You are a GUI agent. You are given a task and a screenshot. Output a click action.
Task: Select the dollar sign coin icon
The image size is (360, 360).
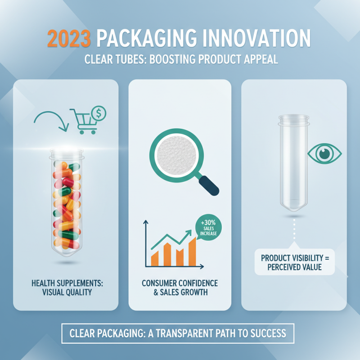[99, 114]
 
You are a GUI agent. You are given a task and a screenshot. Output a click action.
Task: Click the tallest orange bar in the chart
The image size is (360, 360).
[192, 252]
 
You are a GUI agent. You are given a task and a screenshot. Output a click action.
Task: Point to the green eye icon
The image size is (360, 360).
[324, 153]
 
